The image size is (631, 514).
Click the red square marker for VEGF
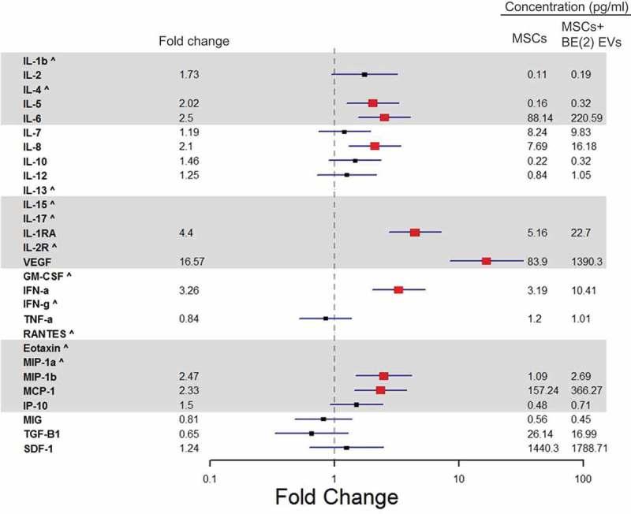pyautogui.click(x=486, y=261)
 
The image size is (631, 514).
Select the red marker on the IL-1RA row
pyautogui.click(x=415, y=233)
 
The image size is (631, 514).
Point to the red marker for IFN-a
pyautogui.click(x=398, y=290)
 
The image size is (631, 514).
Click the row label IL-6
pyautogui.click(x=32, y=117)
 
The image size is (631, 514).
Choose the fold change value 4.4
pyautogui.click(x=186, y=233)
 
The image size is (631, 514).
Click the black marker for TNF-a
pyautogui.click(x=325, y=318)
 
